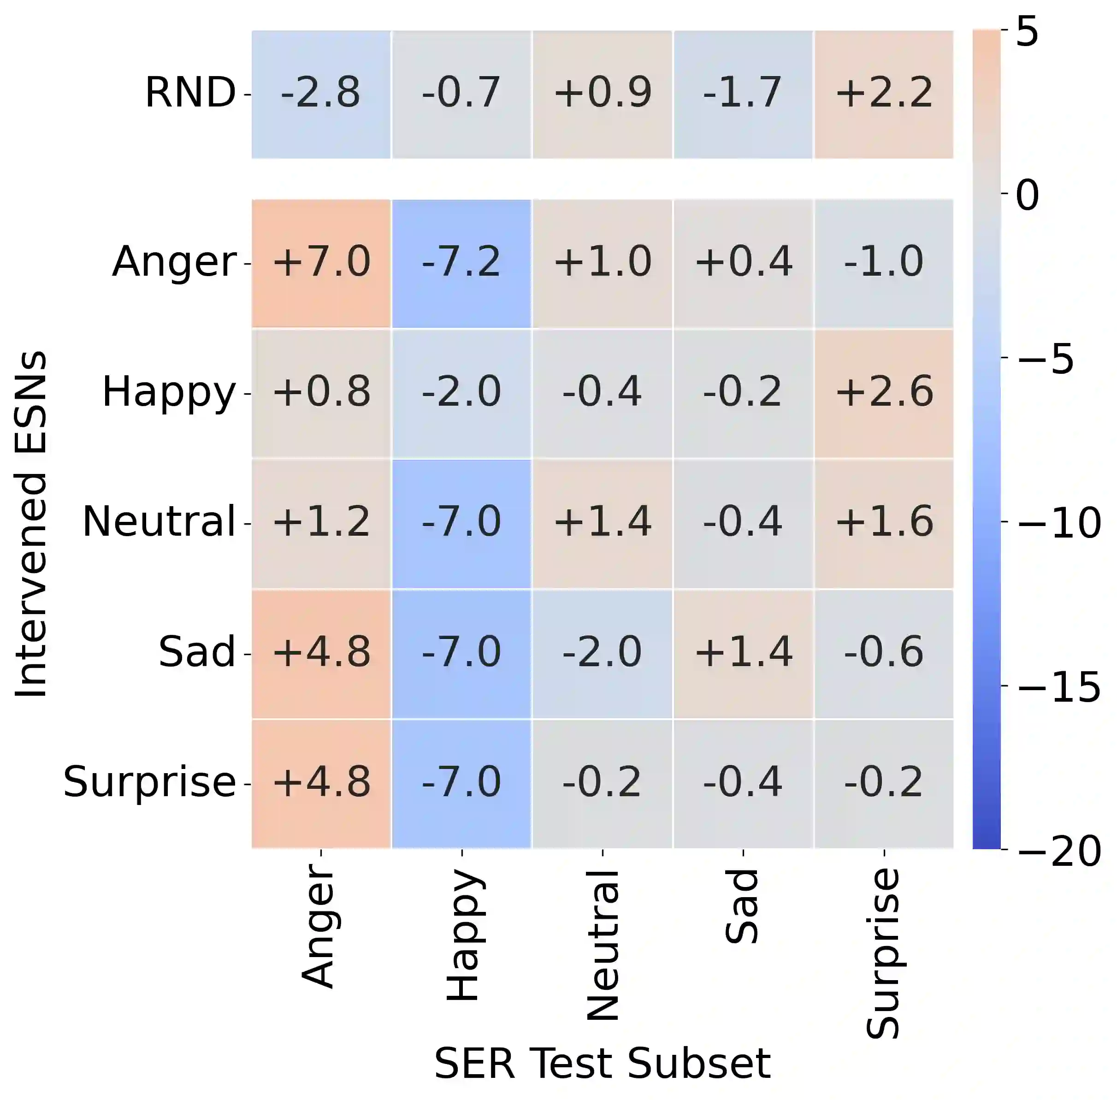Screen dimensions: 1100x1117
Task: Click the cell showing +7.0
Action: (x=321, y=263)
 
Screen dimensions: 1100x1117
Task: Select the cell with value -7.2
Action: (x=461, y=263)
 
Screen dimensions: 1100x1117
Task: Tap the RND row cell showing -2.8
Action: (x=321, y=94)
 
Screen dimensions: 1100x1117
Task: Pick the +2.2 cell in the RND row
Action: (x=884, y=94)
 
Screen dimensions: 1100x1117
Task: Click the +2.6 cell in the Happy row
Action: (x=884, y=393)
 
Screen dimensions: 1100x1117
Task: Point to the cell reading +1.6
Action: (x=884, y=523)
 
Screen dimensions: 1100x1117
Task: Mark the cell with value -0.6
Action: (x=884, y=653)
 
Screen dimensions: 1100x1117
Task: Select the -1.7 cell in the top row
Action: (x=743, y=94)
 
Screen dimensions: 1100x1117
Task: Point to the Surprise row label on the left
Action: (x=149, y=783)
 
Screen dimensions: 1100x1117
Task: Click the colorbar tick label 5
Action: (x=1028, y=32)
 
